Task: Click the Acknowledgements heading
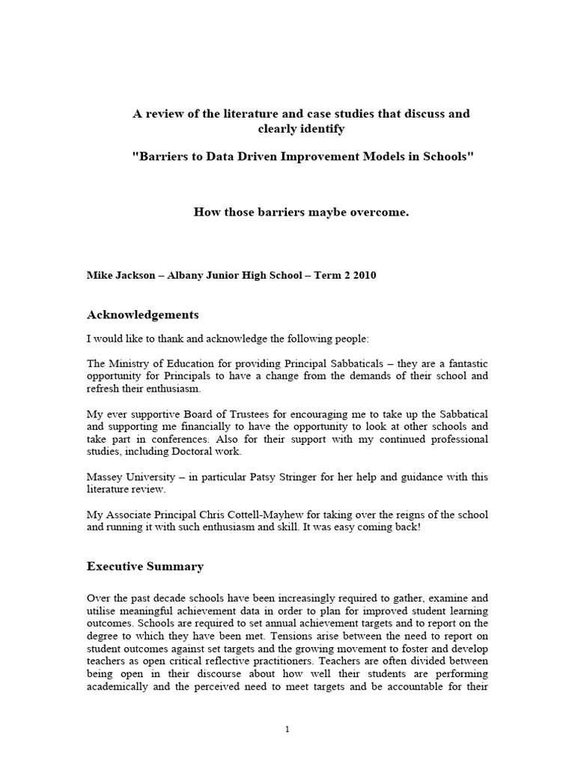point(143,314)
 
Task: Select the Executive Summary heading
point(145,566)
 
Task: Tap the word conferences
point(189,439)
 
